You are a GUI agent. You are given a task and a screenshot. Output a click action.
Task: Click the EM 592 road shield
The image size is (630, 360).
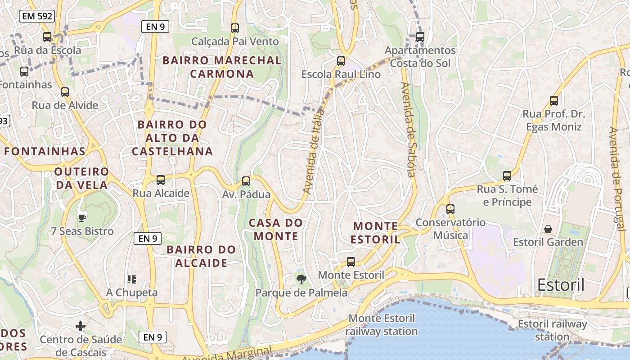pos(37,17)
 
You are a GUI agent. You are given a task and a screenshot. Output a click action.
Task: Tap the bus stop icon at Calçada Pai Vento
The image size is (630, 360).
pos(234,28)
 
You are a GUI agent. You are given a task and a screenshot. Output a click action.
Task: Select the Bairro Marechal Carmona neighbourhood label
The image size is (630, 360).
pos(222,67)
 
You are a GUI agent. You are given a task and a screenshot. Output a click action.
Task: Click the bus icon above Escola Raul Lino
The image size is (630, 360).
pos(341,61)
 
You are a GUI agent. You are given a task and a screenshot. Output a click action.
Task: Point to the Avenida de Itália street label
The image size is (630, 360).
pos(314,151)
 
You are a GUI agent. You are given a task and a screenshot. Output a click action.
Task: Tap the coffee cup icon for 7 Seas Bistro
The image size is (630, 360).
pos(82,218)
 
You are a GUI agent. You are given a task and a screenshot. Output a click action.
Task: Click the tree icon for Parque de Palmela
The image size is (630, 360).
pos(301,279)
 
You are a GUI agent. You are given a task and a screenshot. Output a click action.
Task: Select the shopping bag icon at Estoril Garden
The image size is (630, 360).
pos(548,229)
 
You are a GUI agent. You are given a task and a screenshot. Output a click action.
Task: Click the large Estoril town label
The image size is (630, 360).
pos(561,285)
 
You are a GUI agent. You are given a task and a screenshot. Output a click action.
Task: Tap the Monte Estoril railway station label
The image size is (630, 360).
pos(382,325)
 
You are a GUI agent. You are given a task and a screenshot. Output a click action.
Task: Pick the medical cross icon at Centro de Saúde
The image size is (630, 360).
pos(81,326)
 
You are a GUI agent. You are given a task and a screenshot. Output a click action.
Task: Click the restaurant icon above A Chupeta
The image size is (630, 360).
pos(132,279)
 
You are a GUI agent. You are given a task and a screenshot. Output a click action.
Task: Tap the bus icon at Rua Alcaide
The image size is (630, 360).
pos(161,180)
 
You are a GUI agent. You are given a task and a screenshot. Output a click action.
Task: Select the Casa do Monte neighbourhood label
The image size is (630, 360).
pos(276,229)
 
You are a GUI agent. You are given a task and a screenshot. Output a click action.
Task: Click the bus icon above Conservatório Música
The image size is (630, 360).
pos(450,209)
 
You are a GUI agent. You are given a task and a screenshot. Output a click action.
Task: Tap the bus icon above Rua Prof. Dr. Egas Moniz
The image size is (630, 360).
pos(554,101)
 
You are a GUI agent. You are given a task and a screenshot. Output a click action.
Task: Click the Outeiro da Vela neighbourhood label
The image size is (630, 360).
pos(81,178)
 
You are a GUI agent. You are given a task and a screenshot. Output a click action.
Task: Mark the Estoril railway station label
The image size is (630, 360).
pos(552,330)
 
